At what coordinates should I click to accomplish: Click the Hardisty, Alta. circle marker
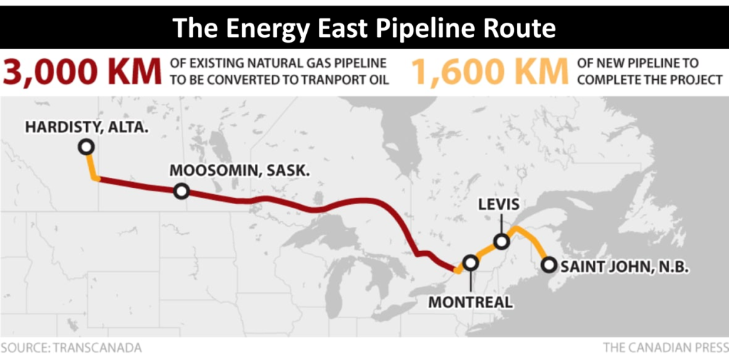[x=86, y=147]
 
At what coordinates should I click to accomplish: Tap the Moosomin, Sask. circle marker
[x=182, y=191]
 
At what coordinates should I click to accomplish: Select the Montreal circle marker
[x=470, y=263]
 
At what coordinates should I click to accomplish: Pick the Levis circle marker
[x=501, y=241]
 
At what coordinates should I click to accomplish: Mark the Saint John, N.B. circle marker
[x=548, y=265]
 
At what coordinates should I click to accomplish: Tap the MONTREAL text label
[x=470, y=302]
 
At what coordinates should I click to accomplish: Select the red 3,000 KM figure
[x=85, y=72]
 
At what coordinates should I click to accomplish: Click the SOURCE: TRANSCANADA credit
[x=71, y=348]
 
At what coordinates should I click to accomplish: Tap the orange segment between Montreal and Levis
[x=486, y=252]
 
